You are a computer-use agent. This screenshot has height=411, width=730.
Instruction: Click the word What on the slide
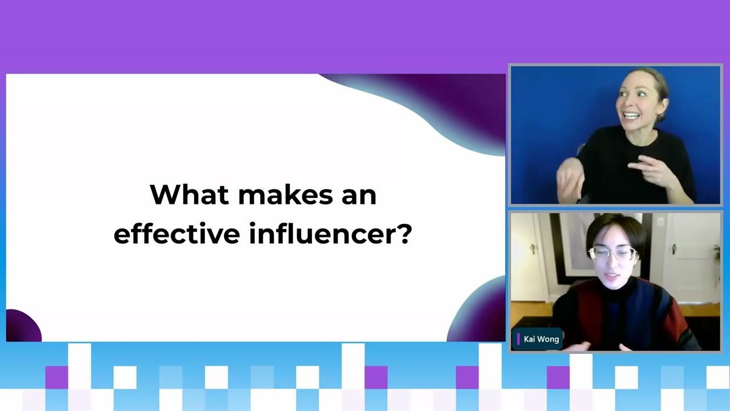189,195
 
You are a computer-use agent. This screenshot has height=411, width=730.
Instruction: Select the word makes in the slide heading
286,195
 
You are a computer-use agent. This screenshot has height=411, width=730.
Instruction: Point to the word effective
177,233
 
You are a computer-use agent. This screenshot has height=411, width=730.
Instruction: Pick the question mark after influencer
405,233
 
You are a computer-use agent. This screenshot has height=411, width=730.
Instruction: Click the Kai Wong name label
541,339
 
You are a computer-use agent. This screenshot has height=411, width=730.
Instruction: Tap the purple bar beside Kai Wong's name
518,339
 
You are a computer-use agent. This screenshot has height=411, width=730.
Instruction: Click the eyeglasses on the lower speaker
612,253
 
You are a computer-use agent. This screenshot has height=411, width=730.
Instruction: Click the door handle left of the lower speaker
533,248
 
